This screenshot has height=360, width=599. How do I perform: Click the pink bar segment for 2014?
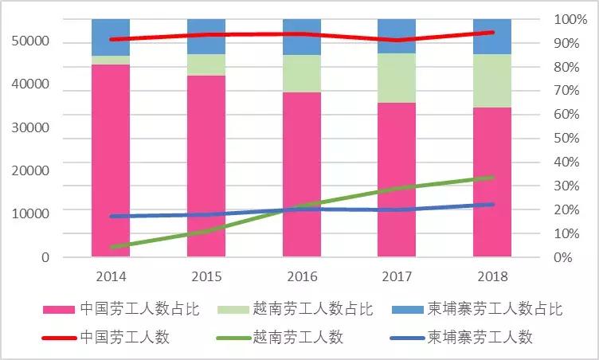coord(111,159)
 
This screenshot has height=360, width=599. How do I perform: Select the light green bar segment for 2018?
coord(491,80)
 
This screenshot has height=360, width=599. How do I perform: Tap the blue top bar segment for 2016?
coord(301,37)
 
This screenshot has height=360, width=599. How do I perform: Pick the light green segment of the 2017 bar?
coord(397,78)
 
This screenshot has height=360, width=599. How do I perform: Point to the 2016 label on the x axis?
coord(301,276)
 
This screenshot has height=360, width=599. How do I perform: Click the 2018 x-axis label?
coord(491,276)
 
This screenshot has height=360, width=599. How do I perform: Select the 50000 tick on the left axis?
coord(33,41)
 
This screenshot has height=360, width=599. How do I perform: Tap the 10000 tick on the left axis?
coord(33,213)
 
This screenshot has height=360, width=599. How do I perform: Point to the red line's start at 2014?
coord(112,39)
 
